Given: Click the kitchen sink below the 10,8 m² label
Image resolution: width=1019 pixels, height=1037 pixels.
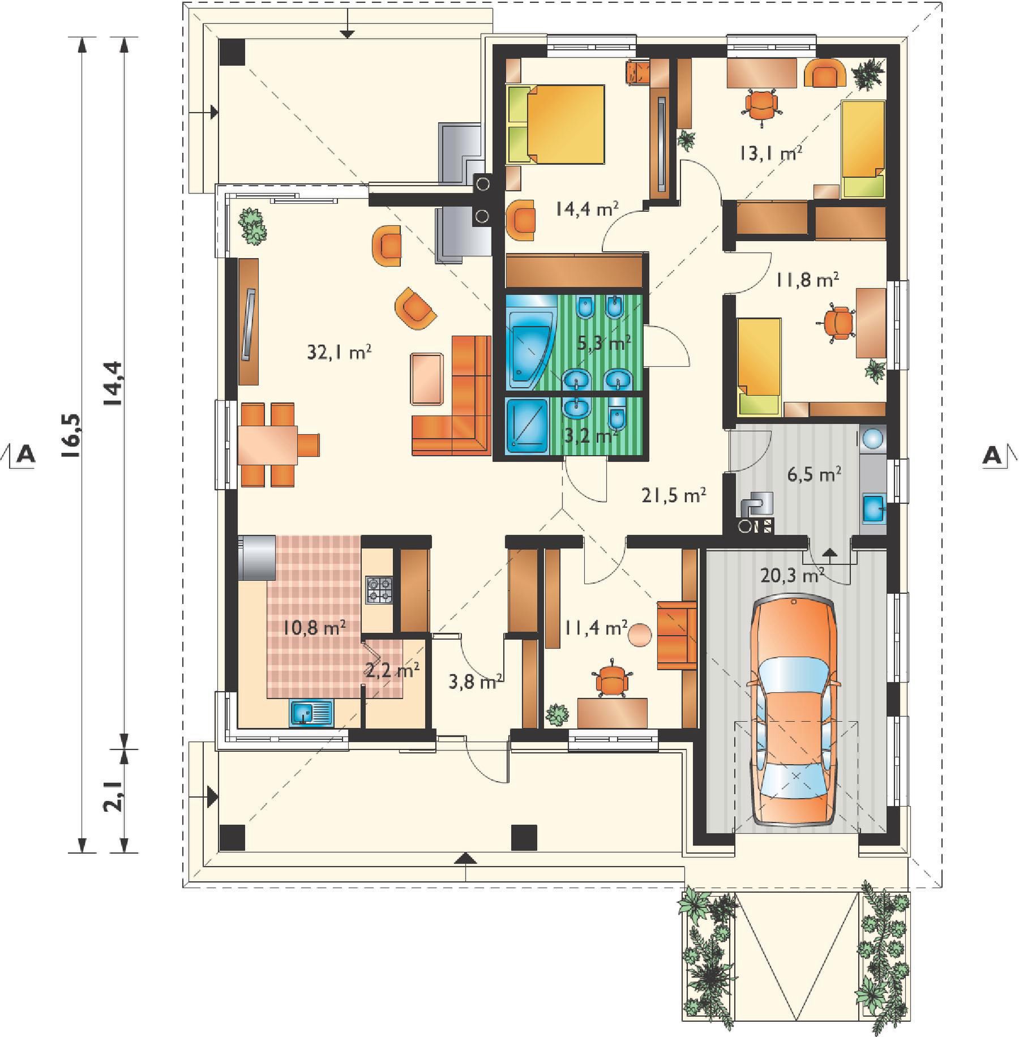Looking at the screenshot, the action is coord(311,712).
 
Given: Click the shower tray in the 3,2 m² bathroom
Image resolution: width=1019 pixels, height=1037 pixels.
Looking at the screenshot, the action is coord(527,427).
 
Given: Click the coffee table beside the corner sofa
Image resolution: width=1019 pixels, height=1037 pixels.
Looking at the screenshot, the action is coord(427,378).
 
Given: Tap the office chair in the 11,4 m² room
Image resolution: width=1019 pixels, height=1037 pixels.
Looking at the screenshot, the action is coord(611,677).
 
